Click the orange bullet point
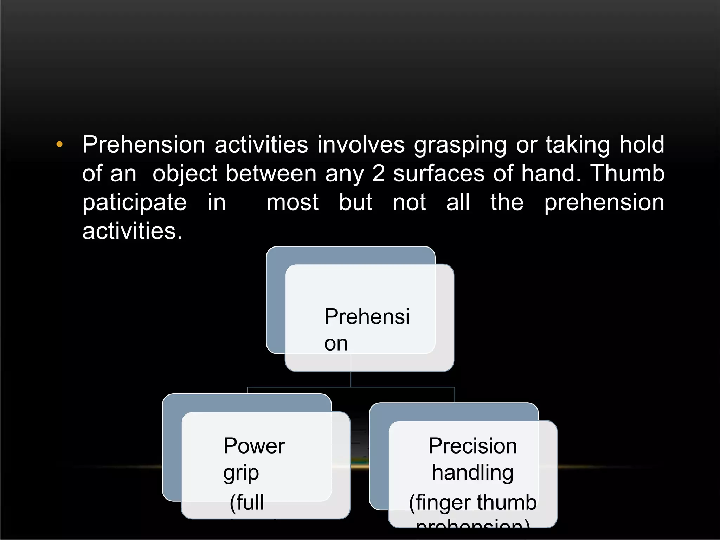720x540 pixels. tap(59, 144)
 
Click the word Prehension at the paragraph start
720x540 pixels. tap(143, 145)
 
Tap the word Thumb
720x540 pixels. tap(627, 173)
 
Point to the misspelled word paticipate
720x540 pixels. tap(134, 203)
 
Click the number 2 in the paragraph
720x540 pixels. tap(378, 173)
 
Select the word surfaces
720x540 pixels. tap(439, 174)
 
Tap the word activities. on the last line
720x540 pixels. tap(132, 231)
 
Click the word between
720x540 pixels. tap(271, 173)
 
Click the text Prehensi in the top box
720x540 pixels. tap(367, 316)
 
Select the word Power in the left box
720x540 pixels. tap(254, 446)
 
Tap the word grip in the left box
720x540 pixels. tap(241, 474)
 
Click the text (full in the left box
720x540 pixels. tap(247, 502)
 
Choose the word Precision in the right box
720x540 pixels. tap(472, 446)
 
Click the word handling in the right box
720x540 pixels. tap(472, 473)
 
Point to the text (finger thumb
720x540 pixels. tap(472, 502)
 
